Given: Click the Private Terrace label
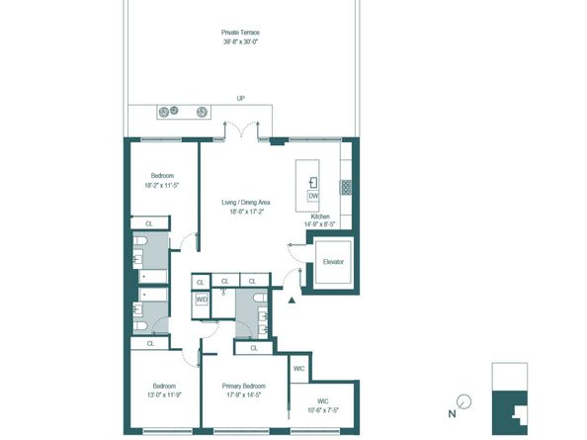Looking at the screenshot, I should coord(241,33).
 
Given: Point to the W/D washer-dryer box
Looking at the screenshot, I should coord(202,299).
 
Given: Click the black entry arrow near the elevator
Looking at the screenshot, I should coord(292,300).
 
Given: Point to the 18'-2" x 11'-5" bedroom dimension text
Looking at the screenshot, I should coord(164,185).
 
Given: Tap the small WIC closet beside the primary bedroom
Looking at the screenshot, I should coord(299,369).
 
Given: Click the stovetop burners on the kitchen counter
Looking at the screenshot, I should coord(346,186).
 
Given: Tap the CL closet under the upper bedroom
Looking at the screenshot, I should coord(149,224).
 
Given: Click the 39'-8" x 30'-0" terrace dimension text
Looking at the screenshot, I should coord(241,43).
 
